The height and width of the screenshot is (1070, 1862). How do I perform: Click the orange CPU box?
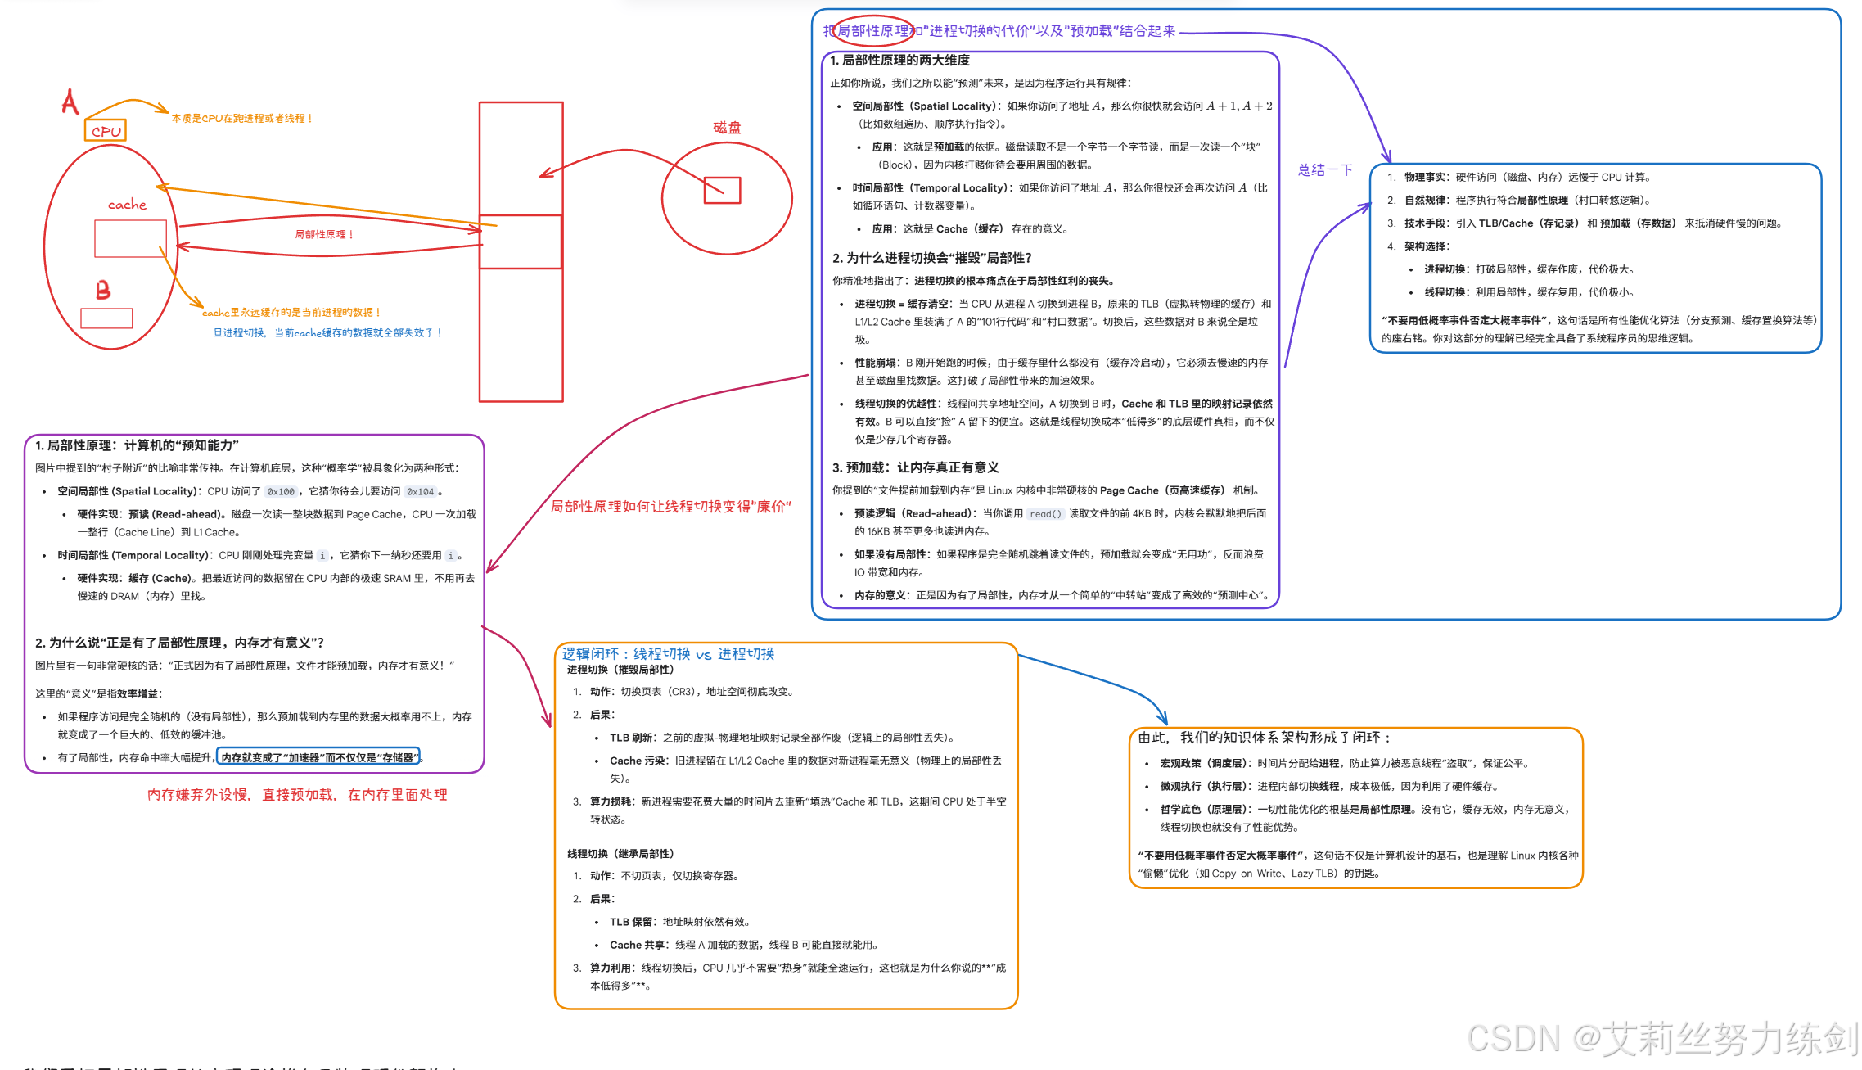point(106,130)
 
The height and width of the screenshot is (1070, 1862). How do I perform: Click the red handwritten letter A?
point(70,102)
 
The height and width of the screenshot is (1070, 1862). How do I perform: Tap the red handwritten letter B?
point(103,290)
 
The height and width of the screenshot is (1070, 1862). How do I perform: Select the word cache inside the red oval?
point(127,205)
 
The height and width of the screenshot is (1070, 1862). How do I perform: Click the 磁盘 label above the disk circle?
point(727,128)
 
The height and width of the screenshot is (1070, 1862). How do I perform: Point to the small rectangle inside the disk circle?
point(722,191)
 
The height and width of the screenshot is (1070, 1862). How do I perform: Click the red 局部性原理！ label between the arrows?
point(324,234)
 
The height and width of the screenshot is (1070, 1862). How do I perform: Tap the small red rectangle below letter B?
point(106,318)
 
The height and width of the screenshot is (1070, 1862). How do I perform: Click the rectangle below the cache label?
point(130,238)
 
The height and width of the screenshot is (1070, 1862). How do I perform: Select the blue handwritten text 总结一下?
point(1325,170)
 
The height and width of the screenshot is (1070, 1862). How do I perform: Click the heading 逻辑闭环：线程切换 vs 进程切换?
point(668,654)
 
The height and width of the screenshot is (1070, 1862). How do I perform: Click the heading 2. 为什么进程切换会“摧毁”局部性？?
point(931,258)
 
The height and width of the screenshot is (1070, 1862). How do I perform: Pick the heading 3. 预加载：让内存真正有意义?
point(915,467)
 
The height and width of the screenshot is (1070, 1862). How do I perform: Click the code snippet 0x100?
point(281,492)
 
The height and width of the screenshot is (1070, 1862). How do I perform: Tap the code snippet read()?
point(1045,514)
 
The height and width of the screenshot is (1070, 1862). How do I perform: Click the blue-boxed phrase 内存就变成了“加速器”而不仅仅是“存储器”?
point(318,757)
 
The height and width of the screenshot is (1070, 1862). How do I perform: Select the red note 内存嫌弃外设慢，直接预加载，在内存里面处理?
point(297,795)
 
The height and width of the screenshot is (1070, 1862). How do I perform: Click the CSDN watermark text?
point(1661,1038)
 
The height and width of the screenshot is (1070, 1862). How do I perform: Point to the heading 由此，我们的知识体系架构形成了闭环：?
point(1265,738)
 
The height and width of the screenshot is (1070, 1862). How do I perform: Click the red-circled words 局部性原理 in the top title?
point(872,31)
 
